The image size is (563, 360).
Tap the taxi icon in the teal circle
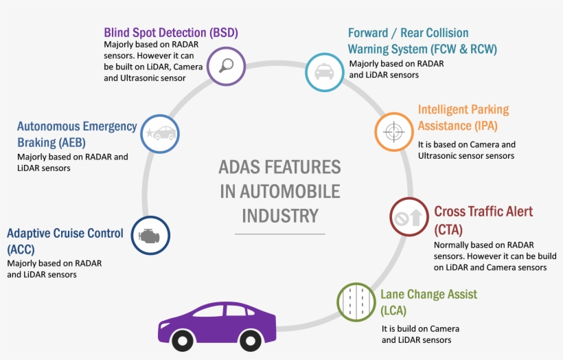324,71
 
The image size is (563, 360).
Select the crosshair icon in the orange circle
394,131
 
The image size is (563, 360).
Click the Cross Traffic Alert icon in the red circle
409,218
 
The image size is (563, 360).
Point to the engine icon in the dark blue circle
150,235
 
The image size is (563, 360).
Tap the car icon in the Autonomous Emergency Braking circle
161,133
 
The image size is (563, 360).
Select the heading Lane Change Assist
428,295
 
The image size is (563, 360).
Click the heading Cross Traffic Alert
483,211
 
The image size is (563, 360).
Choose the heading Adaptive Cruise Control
65,234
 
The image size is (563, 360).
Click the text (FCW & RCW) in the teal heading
463,49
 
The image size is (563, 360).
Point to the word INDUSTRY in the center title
279,215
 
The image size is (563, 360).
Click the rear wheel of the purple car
182,340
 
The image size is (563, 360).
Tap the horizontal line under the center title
279,234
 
